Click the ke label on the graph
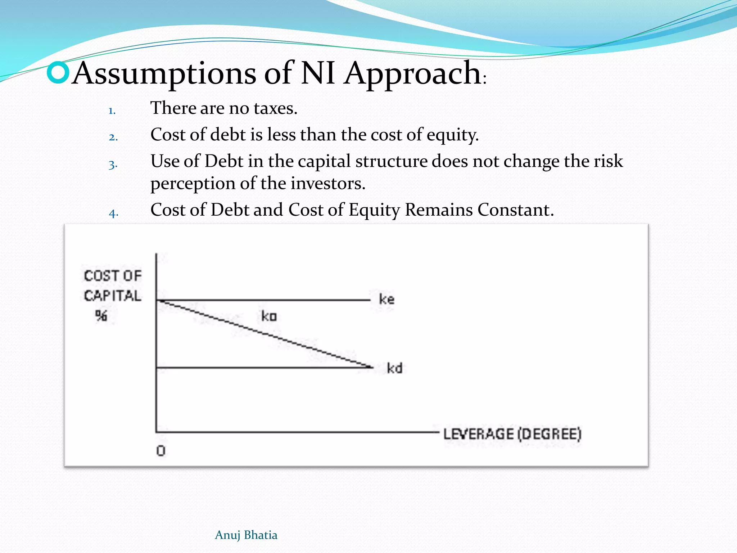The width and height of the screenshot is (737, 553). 386,299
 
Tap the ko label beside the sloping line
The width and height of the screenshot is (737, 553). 269,316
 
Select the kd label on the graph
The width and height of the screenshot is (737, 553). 394,368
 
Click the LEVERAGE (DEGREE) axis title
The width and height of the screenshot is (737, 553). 512,434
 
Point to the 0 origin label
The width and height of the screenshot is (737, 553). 161,451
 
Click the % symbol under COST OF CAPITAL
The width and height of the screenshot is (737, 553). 101,315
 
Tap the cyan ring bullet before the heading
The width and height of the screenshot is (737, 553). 58,72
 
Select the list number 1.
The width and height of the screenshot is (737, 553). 112,111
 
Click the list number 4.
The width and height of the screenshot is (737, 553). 113,213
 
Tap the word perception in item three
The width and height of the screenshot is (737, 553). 193,184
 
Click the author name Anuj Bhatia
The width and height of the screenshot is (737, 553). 246,535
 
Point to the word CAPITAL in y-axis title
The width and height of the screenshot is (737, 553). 112,296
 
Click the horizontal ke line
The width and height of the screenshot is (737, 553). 263,300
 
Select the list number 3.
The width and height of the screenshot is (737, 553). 113,165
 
